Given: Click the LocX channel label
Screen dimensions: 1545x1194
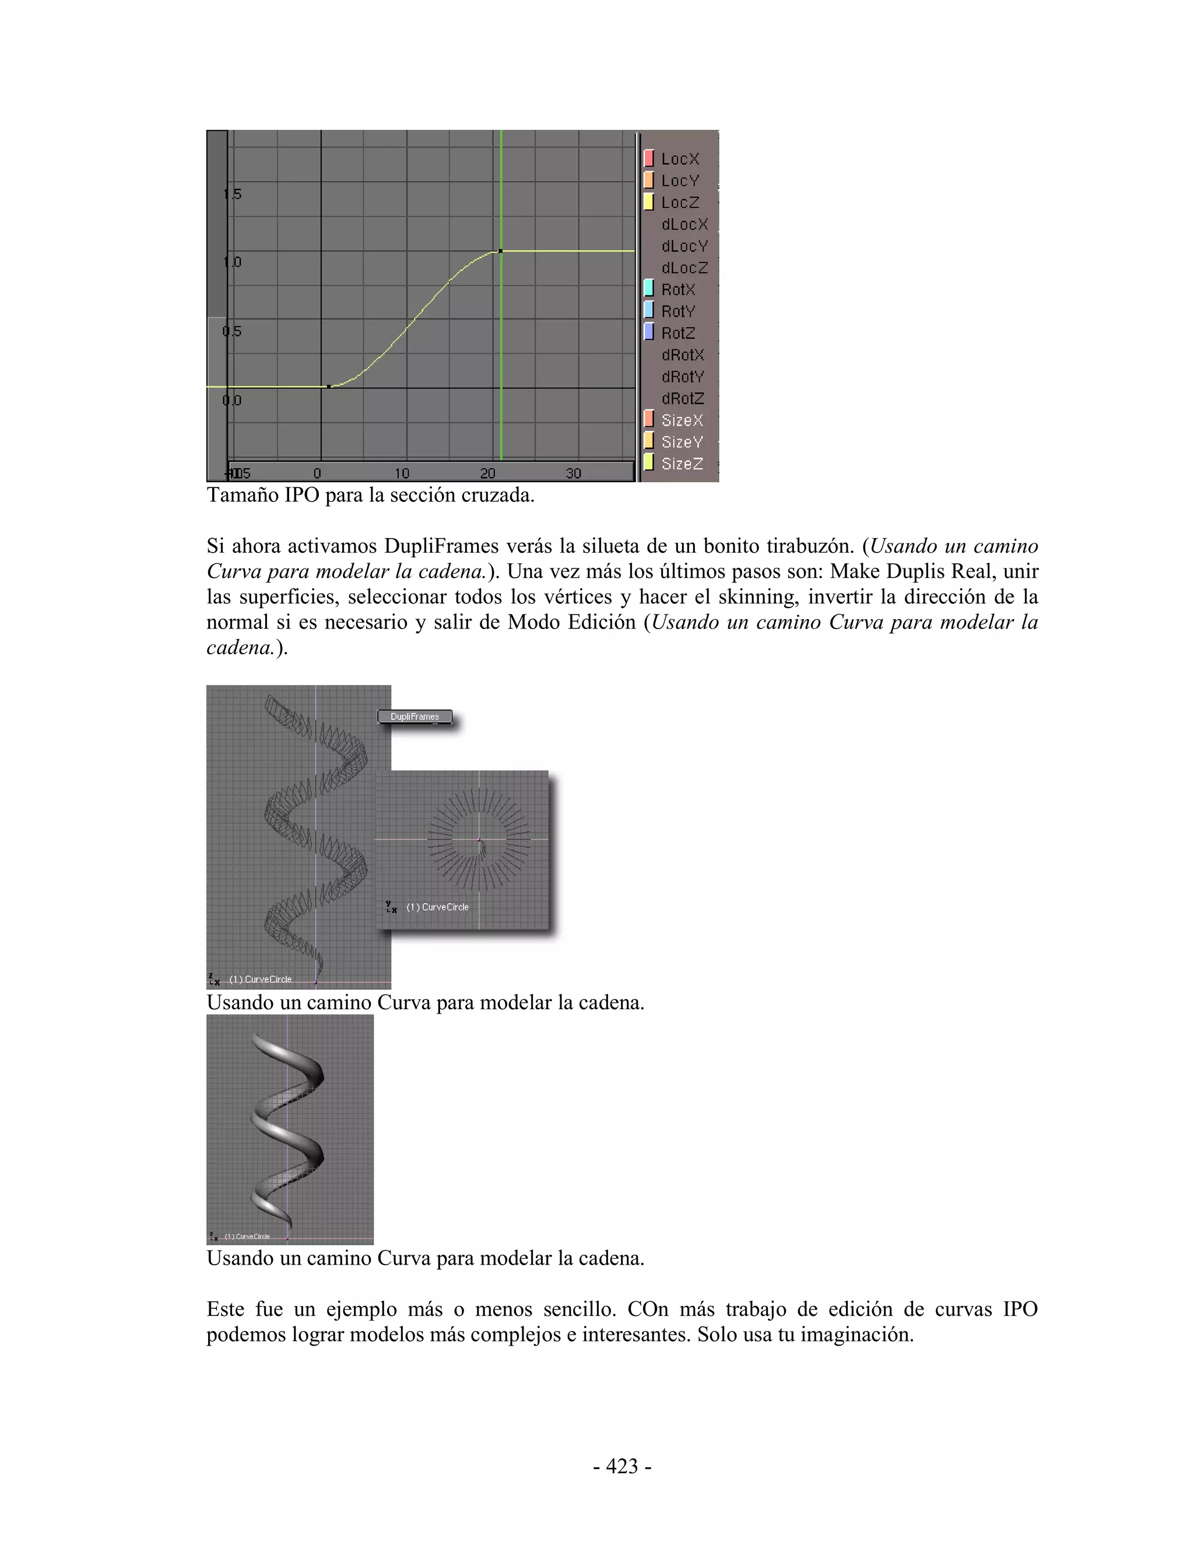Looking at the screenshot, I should [x=680, y=159].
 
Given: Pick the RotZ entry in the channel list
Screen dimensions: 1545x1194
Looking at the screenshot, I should [x=677, y=333].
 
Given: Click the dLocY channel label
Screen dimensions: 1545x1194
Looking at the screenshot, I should [x=684, y=246].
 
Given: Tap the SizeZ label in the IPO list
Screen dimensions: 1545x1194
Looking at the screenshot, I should [x=682, y=464].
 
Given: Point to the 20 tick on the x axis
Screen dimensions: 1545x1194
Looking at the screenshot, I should [x=487, y=473].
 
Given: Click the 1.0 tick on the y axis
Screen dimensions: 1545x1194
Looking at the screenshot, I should [x=232, y=262].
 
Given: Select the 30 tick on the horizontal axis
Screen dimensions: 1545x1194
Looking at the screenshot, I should [x=573, y=473].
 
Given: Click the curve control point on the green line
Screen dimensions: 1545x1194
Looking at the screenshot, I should [x=500, y=251].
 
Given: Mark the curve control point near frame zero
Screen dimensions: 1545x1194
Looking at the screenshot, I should [x=329, y=386].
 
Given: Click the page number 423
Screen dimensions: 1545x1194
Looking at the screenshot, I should [x=621, y=1466].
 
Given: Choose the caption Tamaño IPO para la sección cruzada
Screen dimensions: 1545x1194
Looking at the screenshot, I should [x=370, y=495].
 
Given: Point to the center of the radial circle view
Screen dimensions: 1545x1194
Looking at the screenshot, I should [x=479, y=840].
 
